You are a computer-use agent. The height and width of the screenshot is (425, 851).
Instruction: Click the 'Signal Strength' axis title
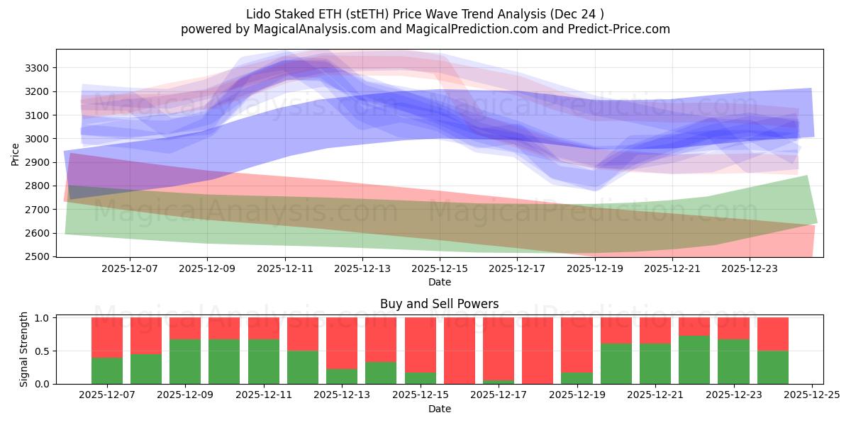24,350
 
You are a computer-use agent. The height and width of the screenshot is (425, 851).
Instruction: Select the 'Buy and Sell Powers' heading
439,304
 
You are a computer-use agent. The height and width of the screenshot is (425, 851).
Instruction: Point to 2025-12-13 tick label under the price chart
362,269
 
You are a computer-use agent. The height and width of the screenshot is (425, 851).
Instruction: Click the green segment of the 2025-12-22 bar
694,360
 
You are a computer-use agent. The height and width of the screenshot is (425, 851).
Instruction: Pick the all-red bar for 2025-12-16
459,351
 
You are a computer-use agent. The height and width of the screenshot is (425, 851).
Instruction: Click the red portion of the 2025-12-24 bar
772,334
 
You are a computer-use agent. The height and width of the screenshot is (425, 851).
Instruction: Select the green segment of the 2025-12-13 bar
342,376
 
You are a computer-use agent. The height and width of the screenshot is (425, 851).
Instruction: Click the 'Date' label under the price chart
439,282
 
